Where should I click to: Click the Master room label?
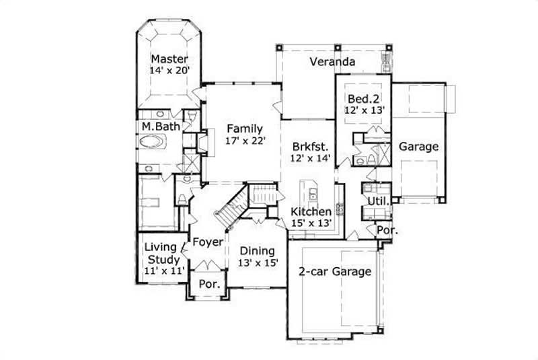point(169,59)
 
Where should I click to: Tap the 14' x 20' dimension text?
point(169,70)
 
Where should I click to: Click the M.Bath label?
point(159,127)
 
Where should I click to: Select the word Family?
point(244,129)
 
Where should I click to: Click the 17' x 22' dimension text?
point(245,141)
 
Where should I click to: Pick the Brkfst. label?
point(310,147)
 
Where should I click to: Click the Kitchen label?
point(310,212)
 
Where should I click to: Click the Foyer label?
point(208,242)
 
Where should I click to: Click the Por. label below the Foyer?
point(210,285)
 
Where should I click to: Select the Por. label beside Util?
point(386,229)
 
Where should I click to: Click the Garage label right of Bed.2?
point(418,146)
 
